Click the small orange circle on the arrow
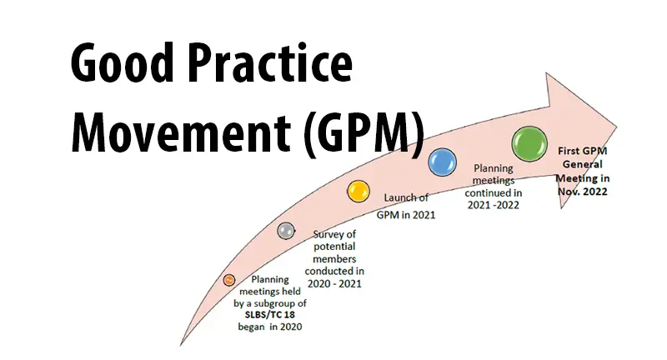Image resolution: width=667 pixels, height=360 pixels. coord(229,280)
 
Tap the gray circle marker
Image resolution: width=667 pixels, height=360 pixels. coord(286,231)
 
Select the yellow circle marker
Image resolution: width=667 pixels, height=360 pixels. coord(359,192)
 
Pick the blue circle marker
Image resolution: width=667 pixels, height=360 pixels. coord(443,162)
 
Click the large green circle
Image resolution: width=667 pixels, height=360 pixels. coord(529,144)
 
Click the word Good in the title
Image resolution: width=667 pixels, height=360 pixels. coord(123,62)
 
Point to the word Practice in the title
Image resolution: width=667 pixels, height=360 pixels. coord(269,62)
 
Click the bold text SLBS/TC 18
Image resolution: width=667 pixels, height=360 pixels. coord(269,315)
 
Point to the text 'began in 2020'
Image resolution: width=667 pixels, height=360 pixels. coord(269,327)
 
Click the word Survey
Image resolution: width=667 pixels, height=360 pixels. coord(334,235)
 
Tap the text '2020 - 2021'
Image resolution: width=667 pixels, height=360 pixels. coord(334,283)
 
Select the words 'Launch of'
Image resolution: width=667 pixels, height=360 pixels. coord(406,197)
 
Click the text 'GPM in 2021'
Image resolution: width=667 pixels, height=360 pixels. coord(406,215)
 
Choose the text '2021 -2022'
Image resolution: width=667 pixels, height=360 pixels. coord(494,205)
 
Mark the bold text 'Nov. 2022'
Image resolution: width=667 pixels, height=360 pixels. coord(582,192)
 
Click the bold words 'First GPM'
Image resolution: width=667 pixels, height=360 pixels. coord(582,151)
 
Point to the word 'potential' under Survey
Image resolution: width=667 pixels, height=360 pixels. coord(334,247)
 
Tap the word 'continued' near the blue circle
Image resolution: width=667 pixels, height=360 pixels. coord(494,193)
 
